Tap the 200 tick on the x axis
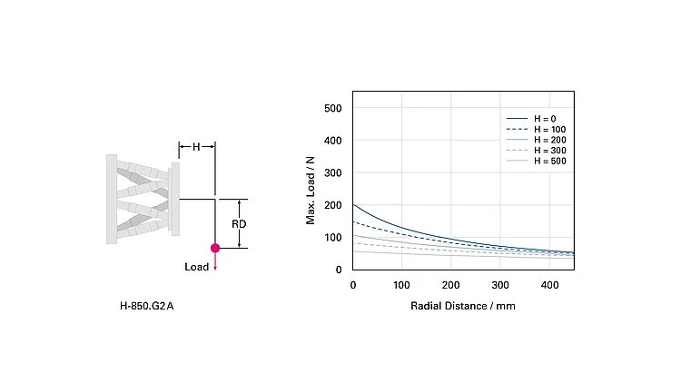tap(450, 286)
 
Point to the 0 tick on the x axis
tap(352, 286)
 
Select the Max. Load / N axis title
tap(311, 189)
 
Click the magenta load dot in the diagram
tap(215, 247)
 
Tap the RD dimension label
tap(240, 223)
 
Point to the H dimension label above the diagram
tap(196, 146)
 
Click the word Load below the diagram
tap(197, 267)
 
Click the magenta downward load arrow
tap(215, 261)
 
